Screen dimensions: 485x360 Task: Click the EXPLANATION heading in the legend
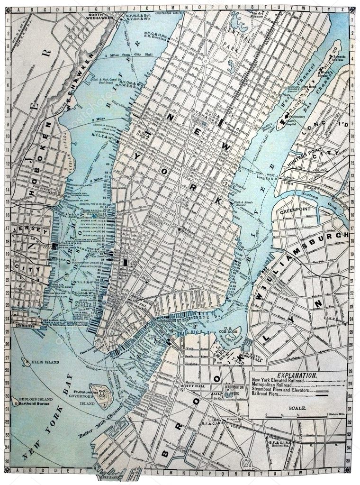(297, 375)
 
